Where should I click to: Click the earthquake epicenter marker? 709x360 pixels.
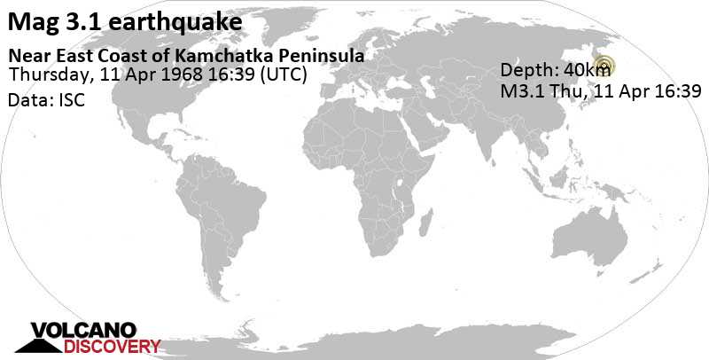point(604,64)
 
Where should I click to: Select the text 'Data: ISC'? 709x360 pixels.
point(45,100)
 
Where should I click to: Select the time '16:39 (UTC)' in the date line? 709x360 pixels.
point(265,74)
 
